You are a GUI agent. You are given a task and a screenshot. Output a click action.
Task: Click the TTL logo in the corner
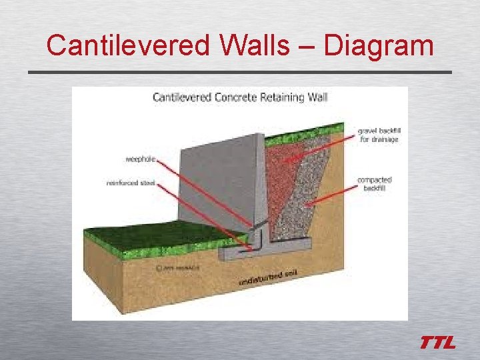pos(437,343)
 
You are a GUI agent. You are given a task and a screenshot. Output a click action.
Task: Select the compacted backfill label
pos(375,184)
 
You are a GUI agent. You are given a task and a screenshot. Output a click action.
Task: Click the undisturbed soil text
pos(268,278)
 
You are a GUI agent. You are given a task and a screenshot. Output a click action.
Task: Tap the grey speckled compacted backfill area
pos(313,200)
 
